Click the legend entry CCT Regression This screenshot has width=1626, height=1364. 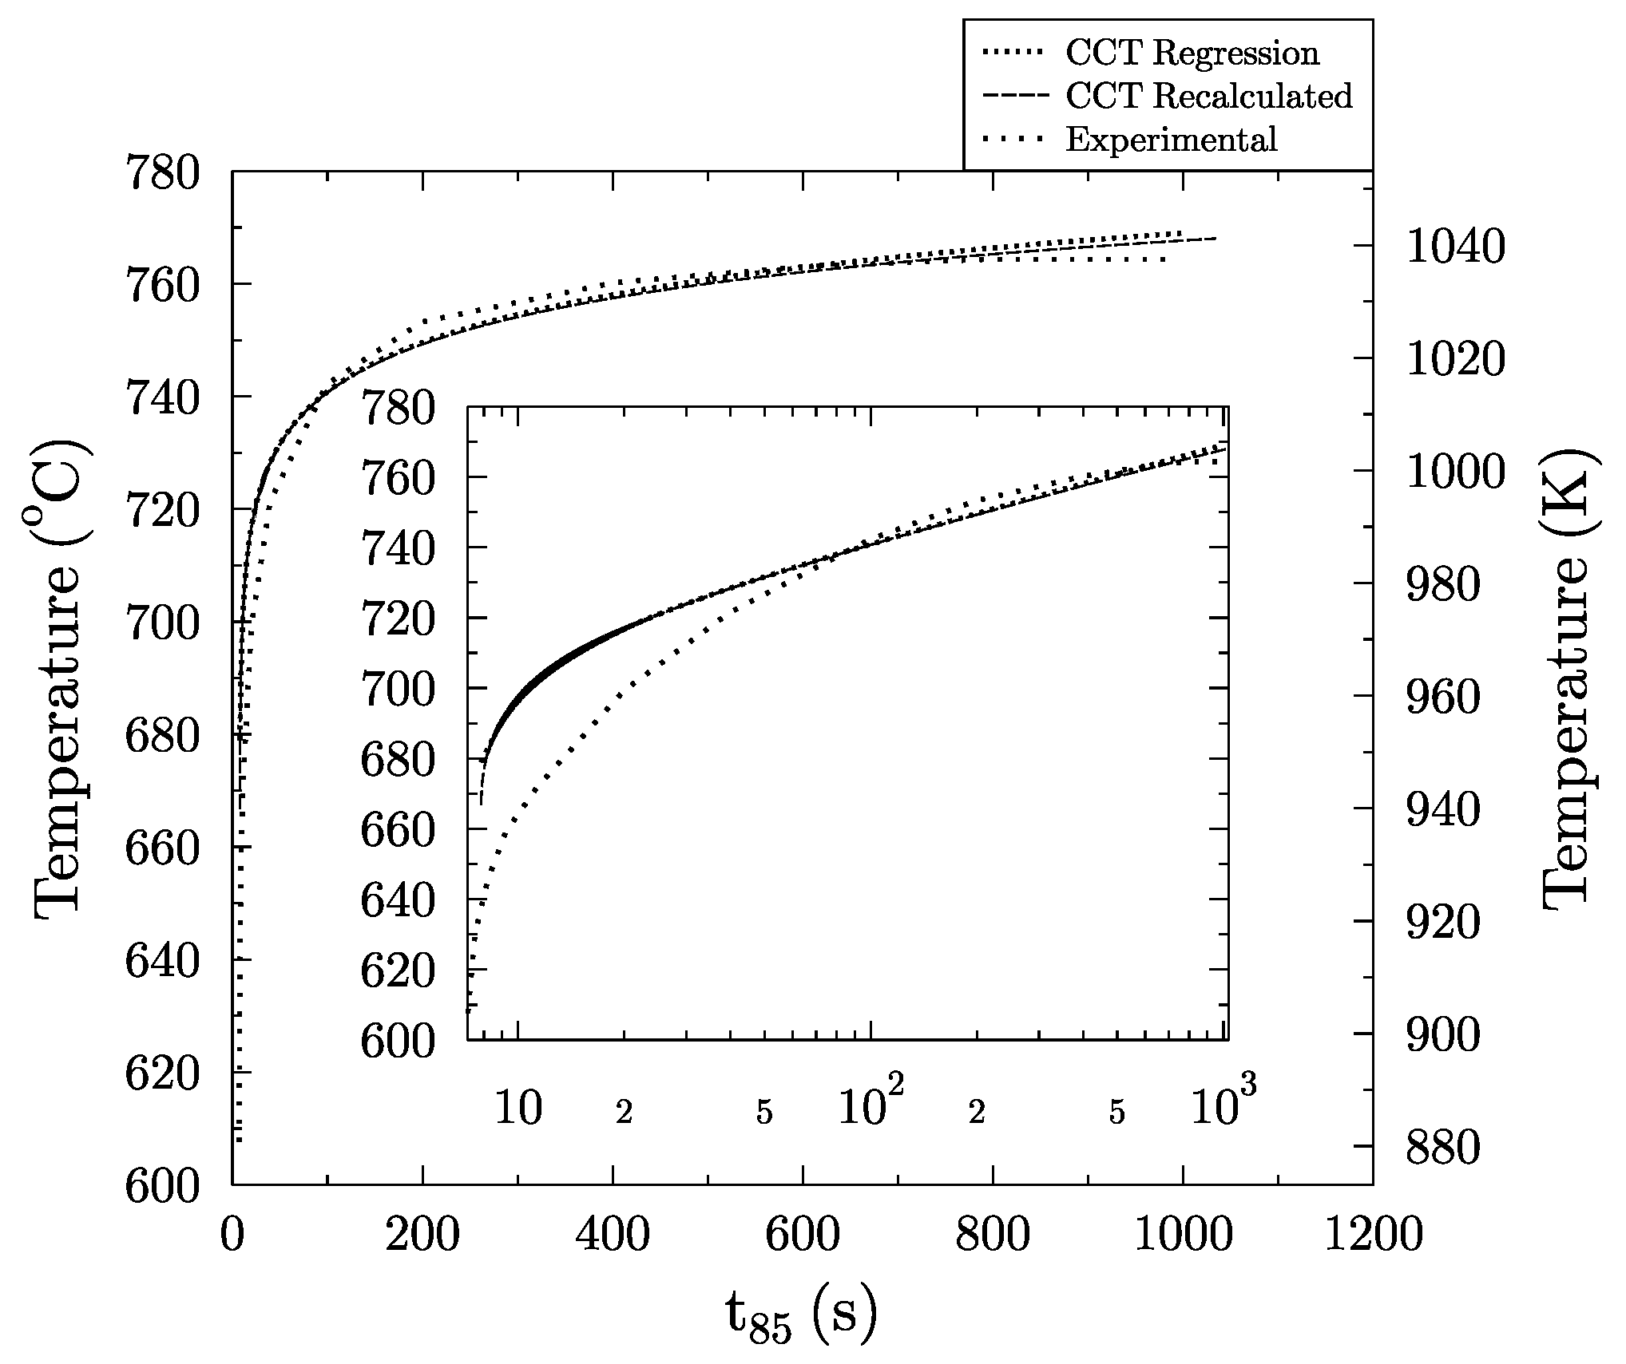coord(1192,53)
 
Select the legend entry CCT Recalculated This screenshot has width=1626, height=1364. coord(1208,97)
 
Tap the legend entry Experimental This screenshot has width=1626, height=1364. coord(1171,140)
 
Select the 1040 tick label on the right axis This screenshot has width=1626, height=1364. coord(1455,247)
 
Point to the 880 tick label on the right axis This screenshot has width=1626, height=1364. coord(1442,1148)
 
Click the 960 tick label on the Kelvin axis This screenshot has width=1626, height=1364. coord(1442,697)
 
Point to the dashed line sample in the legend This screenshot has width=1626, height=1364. coord(1013,97)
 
